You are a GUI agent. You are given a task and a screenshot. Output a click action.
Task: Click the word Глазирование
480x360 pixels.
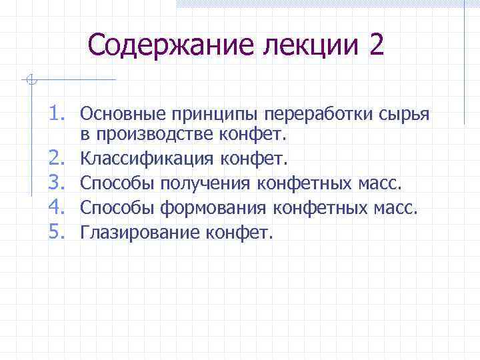pyautogui.click(x=137, y=233)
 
